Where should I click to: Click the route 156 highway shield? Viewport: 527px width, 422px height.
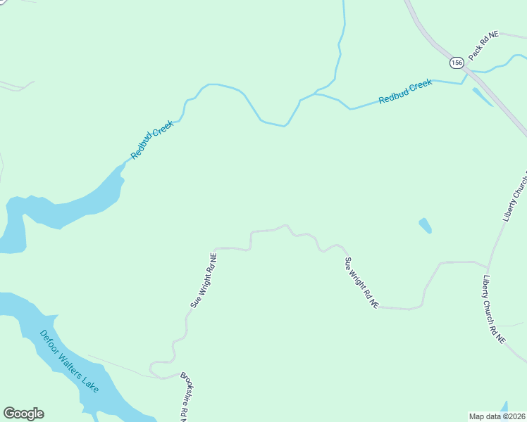pyautogui.click(x=457, y=63)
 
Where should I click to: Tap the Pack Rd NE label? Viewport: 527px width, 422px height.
pyautogui.click(x=483, y=45)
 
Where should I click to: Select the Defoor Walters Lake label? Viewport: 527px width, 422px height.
pyautogui.click(x=69, y=362)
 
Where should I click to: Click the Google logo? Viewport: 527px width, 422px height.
pyautogui.click(x=23, y=414)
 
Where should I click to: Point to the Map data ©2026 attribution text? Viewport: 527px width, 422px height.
pyautogui.click(x=497, y=416)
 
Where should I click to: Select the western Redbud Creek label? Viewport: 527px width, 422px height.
pyautogui.click(x=151, y=139)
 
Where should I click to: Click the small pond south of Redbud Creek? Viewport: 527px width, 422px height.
pyautogui.click(x=425, y=226)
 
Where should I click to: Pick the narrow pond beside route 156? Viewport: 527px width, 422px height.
pyautogui.click(x=482, y=96)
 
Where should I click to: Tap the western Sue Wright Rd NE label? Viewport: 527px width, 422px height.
pyautogui.click(x=203, y=280)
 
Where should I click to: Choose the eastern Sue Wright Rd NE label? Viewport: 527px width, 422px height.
pyautogui.click(x=361, y=283)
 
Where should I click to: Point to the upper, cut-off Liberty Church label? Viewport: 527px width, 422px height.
pyautogui.click(x=515, y=196)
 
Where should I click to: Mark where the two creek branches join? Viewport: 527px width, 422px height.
pyautogui.click(x=315, y=94)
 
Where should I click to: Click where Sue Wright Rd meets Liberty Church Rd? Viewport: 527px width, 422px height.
pyautogui.click(x=486, y=266)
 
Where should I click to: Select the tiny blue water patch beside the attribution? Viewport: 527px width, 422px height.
pyautogui.click(x=504, y=407)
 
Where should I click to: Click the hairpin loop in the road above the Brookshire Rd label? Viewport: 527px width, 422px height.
pyautogui.click(x=154, y=366)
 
